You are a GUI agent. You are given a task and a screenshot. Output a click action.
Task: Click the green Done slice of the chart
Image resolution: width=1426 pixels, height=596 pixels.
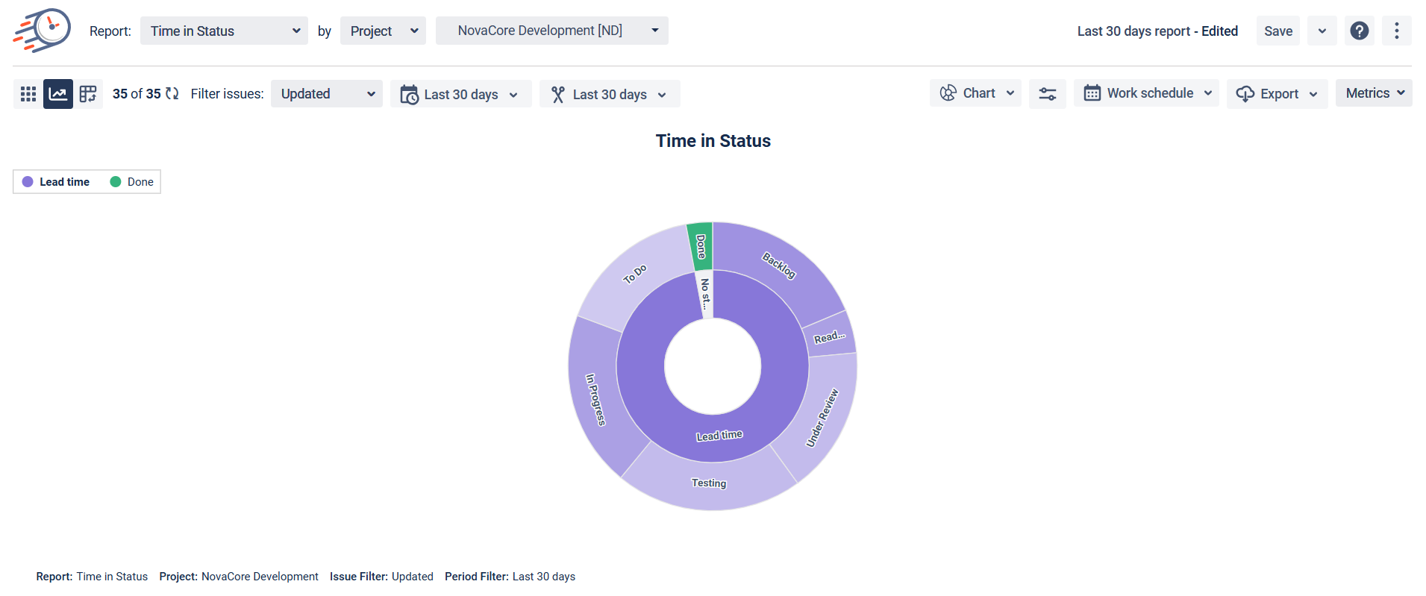click(700, 246)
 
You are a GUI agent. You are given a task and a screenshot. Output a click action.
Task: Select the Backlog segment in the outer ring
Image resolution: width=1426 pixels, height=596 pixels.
click(779, 267)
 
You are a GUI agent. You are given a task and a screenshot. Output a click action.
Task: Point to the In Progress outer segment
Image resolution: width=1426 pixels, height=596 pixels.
click(595, 400)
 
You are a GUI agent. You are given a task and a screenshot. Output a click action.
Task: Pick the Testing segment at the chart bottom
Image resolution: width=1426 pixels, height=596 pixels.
click(708, 483)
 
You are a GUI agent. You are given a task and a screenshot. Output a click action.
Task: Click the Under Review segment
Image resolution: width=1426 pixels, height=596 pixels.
click(822, 418)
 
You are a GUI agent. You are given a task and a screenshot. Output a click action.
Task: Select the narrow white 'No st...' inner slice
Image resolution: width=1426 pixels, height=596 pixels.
click(705, 294)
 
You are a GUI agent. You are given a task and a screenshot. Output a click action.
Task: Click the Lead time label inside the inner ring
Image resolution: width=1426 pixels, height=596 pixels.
click(719, 436)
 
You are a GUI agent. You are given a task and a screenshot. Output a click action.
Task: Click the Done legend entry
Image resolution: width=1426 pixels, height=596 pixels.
click(132, 182)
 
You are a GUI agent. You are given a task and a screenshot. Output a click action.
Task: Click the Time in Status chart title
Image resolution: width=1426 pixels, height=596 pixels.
click(713, 141)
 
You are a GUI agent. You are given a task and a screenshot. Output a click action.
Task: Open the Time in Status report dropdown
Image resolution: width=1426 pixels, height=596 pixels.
click(224, 31)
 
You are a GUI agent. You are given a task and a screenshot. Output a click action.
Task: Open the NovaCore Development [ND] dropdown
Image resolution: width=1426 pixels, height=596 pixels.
click(551, 31)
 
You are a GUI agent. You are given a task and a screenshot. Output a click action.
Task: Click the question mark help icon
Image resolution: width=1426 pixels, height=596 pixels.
click(1359, 31)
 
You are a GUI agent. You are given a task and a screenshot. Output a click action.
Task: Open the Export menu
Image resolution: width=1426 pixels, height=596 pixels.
click(1277, 94)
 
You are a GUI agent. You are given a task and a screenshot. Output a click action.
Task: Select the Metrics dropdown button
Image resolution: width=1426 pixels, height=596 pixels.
click(1373, 93)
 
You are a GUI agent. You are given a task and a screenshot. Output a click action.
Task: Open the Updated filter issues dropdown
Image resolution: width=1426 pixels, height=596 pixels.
click(326, 94)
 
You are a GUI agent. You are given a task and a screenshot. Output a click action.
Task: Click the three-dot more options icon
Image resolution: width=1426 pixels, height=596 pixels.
click(1396, 31)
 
